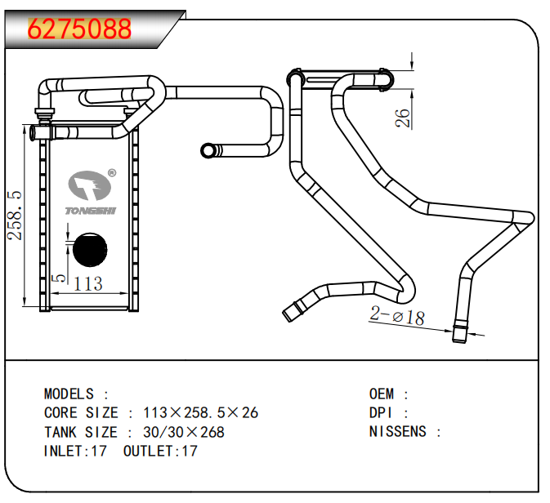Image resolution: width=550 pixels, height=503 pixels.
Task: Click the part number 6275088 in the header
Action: [x=79, y=29]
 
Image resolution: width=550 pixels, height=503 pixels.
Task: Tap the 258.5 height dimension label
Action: [x=15, y=215]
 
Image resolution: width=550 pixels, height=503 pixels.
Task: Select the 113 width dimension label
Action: [x=88, y=284]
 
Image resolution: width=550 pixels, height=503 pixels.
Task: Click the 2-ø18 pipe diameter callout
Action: [x=397, y=316]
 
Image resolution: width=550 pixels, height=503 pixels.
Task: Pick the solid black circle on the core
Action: [x=90, y=251]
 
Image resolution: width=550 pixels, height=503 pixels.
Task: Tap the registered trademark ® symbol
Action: [x=112, y=173]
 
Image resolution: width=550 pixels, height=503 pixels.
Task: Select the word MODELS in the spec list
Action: [x=69, y=394]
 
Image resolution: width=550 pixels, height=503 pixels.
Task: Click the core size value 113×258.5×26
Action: [x=200, y=412]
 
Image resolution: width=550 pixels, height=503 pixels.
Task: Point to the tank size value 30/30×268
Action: [x=184, y=432]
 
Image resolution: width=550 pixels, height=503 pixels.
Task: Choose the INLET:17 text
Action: [x=75, y=451]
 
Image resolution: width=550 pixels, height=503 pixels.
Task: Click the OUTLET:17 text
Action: [x=160, y=451]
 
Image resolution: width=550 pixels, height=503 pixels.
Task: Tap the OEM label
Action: [x=382, y=394]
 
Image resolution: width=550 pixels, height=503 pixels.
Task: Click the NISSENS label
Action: [x=398, y=432]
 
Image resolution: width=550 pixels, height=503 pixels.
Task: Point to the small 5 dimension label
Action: [x=56, y=278]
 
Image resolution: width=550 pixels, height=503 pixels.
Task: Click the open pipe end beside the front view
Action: [x=208, y=150]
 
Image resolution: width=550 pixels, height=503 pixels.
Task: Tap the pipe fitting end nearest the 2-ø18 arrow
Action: [x=461, y=333]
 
